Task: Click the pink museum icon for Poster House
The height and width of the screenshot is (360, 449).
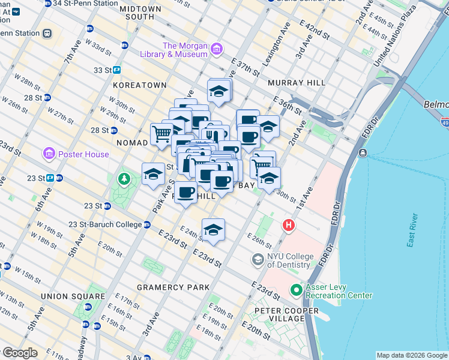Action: (49, 154)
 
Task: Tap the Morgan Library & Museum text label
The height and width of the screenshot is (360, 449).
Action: (185, 50)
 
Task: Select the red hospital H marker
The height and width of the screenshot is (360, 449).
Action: (289, 226)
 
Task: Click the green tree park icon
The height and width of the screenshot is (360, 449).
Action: (124, 178)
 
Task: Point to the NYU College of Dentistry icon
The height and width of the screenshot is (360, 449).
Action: (258, 260)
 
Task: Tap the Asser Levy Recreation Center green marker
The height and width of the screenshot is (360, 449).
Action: (296, 290)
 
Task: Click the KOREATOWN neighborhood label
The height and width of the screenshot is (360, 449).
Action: (139, 86)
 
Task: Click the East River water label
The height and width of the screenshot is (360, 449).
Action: (411, 230)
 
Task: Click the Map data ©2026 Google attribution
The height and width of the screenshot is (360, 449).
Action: (412, 355)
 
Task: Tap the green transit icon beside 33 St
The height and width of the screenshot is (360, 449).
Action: (117, 70)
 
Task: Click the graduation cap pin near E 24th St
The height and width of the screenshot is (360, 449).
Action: (213, 230)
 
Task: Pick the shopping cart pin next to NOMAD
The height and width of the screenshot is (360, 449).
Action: (161, 134)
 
